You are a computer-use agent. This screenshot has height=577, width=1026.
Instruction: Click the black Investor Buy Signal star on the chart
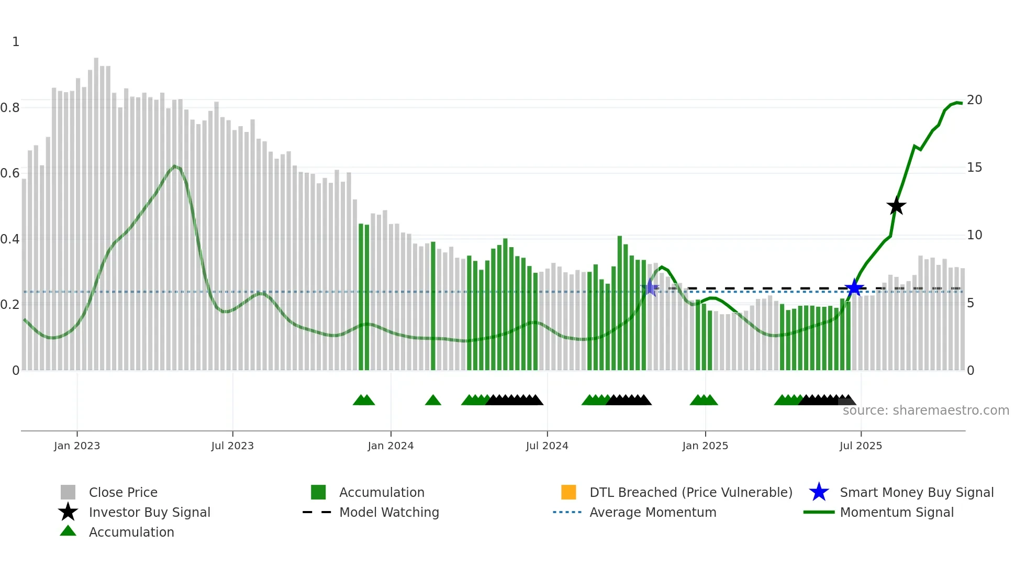tap(896, 206)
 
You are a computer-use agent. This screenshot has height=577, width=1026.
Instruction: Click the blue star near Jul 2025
tap(854, 287)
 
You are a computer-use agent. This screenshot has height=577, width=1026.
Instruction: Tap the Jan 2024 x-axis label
tap(391, 446)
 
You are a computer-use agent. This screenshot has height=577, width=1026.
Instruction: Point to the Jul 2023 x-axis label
tap(232, 446)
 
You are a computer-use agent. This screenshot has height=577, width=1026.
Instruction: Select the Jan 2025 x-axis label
tap(705, 446)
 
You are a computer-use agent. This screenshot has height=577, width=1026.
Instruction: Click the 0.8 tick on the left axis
tap(10, 108)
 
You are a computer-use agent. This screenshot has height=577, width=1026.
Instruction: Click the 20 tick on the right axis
tap(974, 100)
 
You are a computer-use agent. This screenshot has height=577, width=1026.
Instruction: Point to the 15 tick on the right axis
tap(974, 168)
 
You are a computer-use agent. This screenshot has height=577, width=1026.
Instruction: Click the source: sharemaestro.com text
tap(925, 410)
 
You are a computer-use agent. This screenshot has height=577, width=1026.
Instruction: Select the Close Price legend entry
tap(123, 492)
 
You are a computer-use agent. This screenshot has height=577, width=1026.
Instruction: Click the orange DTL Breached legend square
tap(568, 492)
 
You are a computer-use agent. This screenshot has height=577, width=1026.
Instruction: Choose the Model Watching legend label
tap(389, 512)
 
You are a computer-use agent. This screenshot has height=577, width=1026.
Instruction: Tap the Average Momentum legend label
tap(653, 512)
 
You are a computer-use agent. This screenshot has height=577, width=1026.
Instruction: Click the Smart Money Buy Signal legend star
tap(819, 492)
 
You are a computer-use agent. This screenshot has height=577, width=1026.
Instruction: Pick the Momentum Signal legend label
tap(897, 512)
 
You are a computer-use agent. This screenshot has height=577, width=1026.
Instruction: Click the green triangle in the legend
tap(68, 531)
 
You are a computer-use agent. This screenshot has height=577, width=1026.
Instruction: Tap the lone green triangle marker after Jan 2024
tap(433, 401)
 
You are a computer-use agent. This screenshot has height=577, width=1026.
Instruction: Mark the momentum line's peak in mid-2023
tap(175, 167)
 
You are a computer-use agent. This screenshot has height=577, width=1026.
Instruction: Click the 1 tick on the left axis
tap(16, 42)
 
